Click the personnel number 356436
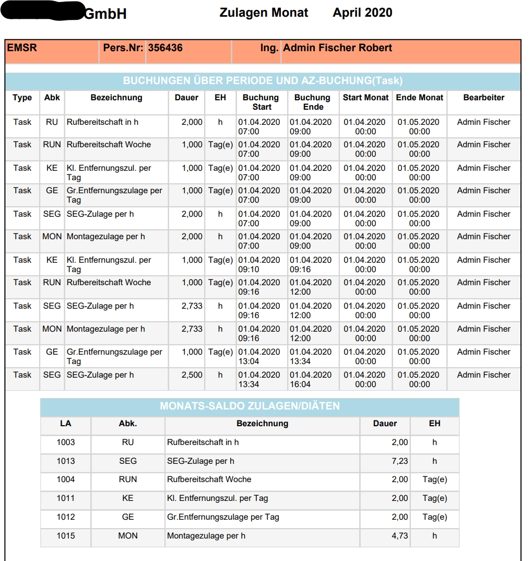click(165, 48)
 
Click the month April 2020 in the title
click(362, 13)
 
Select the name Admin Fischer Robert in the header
click(337, 48)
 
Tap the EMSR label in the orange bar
click(22, 48)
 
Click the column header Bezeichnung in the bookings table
click(116, 98)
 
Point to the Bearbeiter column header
click(483, 98)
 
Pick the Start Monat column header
click(365, 98)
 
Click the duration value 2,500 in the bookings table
click(192, 375)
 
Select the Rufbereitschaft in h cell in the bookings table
click(102, 122)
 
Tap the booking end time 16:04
click(301, 384)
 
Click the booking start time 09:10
click(249, 270)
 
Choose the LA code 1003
click(66, 442)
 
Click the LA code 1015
click(66, 536)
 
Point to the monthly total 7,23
click(400, 461)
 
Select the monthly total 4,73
click(400, 536)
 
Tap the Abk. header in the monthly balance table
click(128, 424)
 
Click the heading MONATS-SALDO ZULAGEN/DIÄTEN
click(250, 406)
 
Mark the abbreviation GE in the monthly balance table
click(128, 517)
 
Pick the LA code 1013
click(66, 461)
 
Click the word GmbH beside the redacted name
click(105, 14)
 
